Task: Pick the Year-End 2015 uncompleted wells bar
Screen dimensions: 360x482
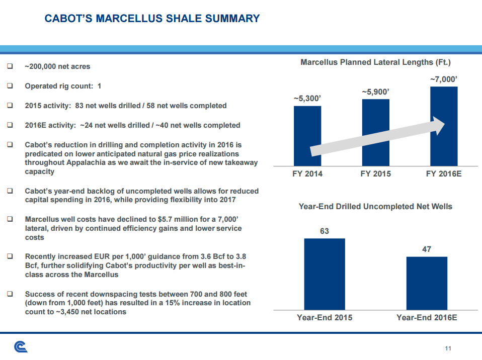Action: pyautogui.click(x=325, y=274)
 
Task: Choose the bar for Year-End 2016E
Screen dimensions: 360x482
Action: pyautogui.click(x=427, y=283)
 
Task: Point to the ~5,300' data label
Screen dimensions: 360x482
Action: pyautogui.click(x=307, y=99)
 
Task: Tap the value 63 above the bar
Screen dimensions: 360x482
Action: pyautogui.click(x=325, y=231)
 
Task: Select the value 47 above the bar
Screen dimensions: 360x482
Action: pyautogui.click(x=427, y=249)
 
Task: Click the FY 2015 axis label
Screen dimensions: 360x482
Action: pyautogui.click(x=375, y=173)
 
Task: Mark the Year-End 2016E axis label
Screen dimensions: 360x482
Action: pyautogui.click(x=427, y=318)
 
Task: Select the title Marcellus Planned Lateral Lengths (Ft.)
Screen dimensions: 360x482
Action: pyautogui.click(x=375, y=62)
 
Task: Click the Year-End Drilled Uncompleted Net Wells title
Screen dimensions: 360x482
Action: pyautogui.click(x=375, y=207)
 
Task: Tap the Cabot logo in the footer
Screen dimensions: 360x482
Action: pyautogui.click(x=21, y=347)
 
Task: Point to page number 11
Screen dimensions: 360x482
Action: pyautogui.click(x=448, y=349)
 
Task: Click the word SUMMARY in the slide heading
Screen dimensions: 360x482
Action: pyautogui.click(x=231, y=19)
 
